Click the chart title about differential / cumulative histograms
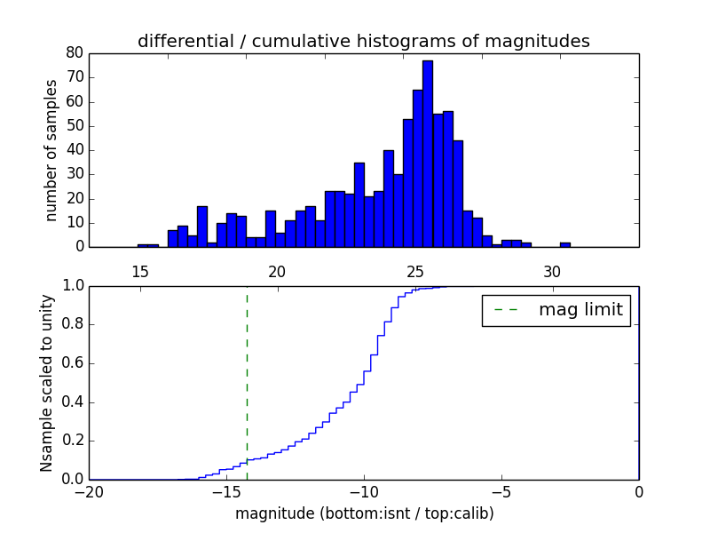tap(363, 41)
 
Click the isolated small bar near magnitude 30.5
tap(565, 244)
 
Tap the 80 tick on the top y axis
tap(75, 53)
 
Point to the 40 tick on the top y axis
tap(75, 150)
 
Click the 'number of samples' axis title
tap(51, 150)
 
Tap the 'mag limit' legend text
tap(580, 310)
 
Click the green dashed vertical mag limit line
tap(247, 382)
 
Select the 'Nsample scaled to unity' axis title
tap(47, 383)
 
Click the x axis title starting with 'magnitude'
tap(364, 513)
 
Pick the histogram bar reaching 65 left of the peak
tap(418, 169)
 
